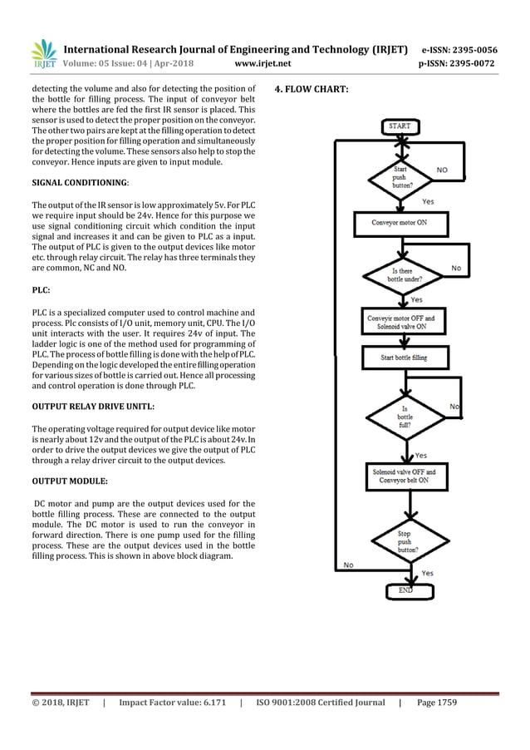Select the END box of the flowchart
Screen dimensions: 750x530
click(x=405, y=590)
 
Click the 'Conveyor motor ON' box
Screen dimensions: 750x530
click(x=402, y=224)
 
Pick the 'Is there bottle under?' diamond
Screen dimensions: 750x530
click(x=404, y=274)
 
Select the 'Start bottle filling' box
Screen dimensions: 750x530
click(x=404, y=358)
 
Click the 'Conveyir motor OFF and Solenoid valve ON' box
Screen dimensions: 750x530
click(x=403, y=322)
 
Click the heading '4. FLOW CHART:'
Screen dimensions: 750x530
click(x=312, y=89)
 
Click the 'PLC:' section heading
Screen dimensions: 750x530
click(x=42, y=291)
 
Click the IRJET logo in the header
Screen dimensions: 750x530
click(x=43, y=55)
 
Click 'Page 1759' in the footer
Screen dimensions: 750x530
click(x=437, y=703)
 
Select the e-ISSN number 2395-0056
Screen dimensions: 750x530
click(x=470, y=49)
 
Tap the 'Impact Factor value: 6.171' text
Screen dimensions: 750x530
click(x=172, y=703)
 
